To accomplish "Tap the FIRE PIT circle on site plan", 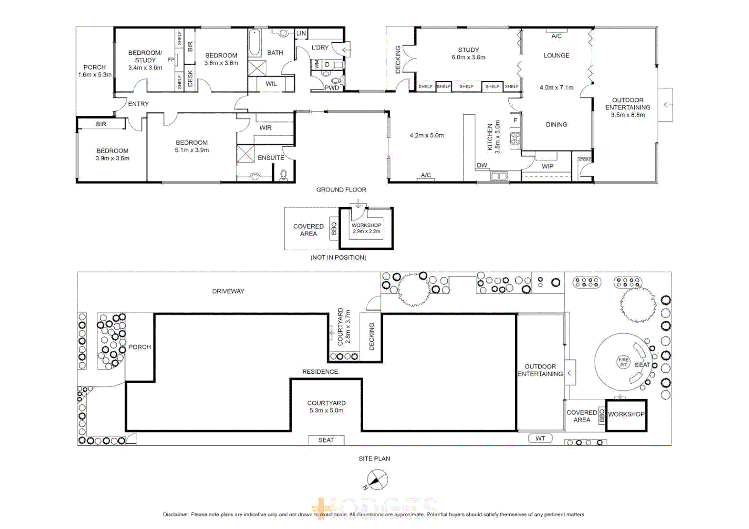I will click(623, 362).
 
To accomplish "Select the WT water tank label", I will click(540, 438).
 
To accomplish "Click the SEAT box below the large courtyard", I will click(326, 440).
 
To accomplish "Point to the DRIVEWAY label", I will click(228, 291).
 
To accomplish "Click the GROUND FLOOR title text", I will click(341, 190).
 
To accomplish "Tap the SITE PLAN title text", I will click(374, 458).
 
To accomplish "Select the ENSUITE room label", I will click(271, 158).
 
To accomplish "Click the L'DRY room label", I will click(320, 48).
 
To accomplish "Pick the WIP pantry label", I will click(548, 166).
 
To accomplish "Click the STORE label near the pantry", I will click(584, 160).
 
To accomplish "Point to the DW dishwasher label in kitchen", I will click(482, 165).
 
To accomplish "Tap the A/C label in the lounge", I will click(556, 36).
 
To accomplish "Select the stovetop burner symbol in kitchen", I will click(515, 138).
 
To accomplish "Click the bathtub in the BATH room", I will click(254, 43).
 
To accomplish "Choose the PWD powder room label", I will click(332, 88).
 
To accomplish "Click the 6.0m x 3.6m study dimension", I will click(468, 57).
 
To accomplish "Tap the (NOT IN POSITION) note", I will click(338, 257).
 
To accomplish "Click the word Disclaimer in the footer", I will click(175, 514).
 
